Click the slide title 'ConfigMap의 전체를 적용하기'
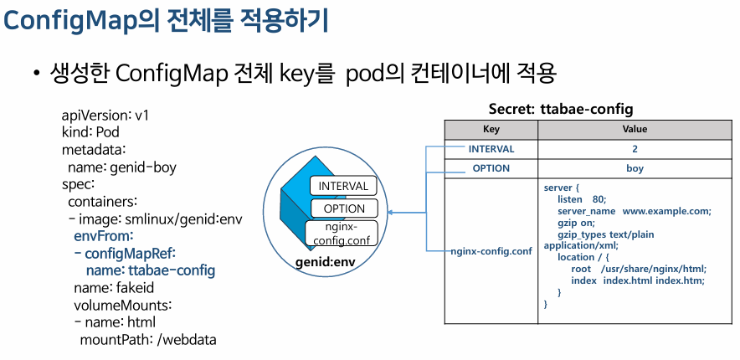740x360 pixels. click(166, 20)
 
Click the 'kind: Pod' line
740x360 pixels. click(90, 132)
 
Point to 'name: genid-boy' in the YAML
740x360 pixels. click(121, 167)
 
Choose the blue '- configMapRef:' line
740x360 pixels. click(130, 253)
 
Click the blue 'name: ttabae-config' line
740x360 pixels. click(151, 270)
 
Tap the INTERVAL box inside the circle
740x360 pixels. click(344, 186)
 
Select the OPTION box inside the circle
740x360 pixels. click(344, 208)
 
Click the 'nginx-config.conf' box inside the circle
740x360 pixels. click(342, 234)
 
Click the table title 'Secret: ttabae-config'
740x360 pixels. click(560, 109)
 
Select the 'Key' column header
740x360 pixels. click(491, 130)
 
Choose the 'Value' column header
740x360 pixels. click(635, 130)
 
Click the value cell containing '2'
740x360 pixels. click(635, 149)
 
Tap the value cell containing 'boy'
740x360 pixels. click(635, 168)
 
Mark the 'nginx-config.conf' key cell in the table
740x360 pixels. click(491, 250)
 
